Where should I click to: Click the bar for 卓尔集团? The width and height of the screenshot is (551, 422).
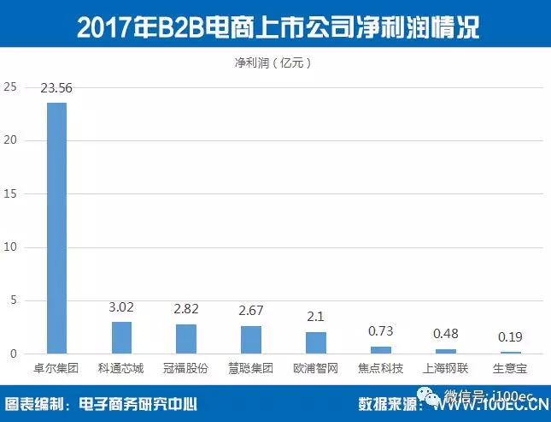click(x=56, y=228)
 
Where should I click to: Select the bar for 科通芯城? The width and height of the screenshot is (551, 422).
click(x=121, y=337)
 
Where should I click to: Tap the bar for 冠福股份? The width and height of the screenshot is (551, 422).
click(x=186, y=339)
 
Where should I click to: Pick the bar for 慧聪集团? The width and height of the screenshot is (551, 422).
click(x=251, y=340)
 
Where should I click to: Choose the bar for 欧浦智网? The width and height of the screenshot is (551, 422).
click(x=316, y=342)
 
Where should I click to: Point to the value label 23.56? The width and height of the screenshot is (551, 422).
click(x=56, y=88)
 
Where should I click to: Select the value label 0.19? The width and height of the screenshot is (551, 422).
click(x=511, y=337)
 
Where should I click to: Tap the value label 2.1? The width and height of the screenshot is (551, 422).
click(x=316, y=317)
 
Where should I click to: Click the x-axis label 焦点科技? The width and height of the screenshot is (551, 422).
click(x=381, y=369)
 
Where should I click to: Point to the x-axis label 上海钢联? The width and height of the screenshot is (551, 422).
click(x=446, y=369)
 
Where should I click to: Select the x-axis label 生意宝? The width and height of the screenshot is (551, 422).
click(x=511, y=369)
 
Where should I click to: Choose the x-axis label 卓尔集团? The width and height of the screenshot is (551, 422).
click(x=56, y=369)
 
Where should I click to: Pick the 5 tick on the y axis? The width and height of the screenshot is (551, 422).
click(x=13, y=300)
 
